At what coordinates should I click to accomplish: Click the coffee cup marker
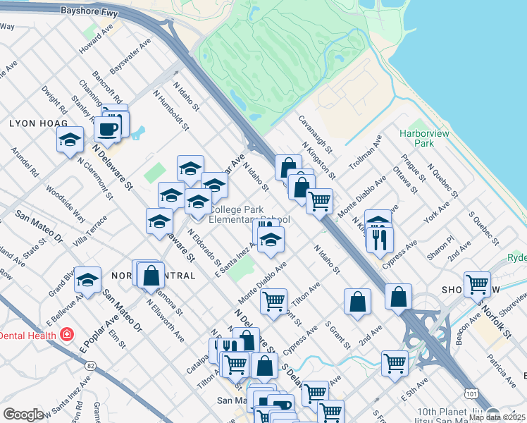[108, 130]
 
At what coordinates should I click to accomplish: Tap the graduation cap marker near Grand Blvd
[87, 279]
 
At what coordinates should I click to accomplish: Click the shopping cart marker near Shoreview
[477, 284]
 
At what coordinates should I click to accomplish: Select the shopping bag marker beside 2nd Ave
[358, 301]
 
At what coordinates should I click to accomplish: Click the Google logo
[23, 415]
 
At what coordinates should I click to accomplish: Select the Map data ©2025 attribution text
[496, 417]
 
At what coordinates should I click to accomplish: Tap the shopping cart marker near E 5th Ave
[395, 364]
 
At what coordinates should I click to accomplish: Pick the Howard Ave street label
[96, 44]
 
